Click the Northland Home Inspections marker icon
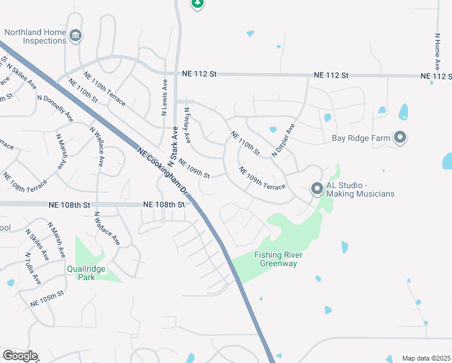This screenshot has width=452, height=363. click(x=76, y=36)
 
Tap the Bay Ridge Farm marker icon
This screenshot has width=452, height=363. click(x=400, y=138)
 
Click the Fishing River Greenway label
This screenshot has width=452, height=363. click(x=278, y=259)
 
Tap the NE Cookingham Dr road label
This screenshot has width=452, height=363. click(x=163, y=175)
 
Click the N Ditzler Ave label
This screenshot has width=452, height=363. click(x=283, y=141)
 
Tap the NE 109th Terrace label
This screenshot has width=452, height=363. click(x=262, y=178)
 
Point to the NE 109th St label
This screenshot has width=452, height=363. click(x=193, y=169)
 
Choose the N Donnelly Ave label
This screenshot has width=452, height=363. click(x=54, y=108)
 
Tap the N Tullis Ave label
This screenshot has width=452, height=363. click(x=33, y=272)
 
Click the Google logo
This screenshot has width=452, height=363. click(x=19, y=355)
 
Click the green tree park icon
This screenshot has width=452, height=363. click(x=197, y=4)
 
